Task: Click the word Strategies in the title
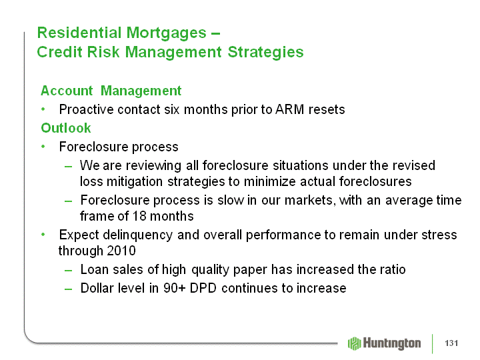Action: pyautogui.click(x=265, y=52)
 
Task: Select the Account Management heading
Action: pyautogui.click(x=111, y=91)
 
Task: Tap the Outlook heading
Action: pyautogui.click(x=66, y=128)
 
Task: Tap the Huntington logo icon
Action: pyautogui.click(x=355, y=343)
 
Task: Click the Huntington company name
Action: pyautogui.click(x=392, y=343)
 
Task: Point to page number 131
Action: pyautogui.click(x=451, y=343)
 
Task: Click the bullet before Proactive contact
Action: pyautogui.click(x=43, y=109)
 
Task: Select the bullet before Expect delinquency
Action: pyautogui.click(x=43, y=235)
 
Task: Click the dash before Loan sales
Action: pyautogui.click(x=68, y=271)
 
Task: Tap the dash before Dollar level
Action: pyautogui.click(x=68, y=289)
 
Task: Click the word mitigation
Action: pyautogui.click(x=135, y=181)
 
